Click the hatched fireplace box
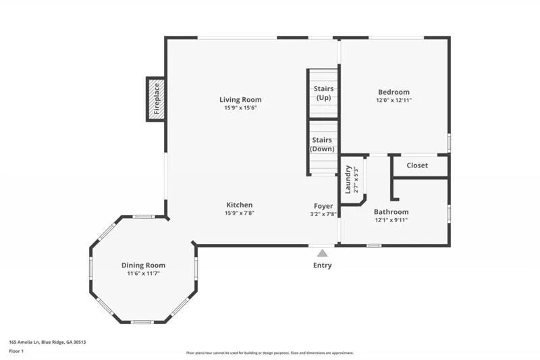156,99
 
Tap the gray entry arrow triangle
323,253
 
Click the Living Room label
240,100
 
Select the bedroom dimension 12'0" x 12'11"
394,101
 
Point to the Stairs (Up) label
323,93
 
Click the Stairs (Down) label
322,145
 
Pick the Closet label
417,165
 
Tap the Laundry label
348,179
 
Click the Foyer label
323,206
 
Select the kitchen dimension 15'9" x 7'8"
240,213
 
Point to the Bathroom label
391,212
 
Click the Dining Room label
143,265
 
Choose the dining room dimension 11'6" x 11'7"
143,274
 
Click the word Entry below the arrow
323,265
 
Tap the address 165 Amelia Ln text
24,342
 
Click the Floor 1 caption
16,351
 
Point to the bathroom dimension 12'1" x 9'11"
391,220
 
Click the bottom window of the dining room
142,322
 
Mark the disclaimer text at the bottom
270,353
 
